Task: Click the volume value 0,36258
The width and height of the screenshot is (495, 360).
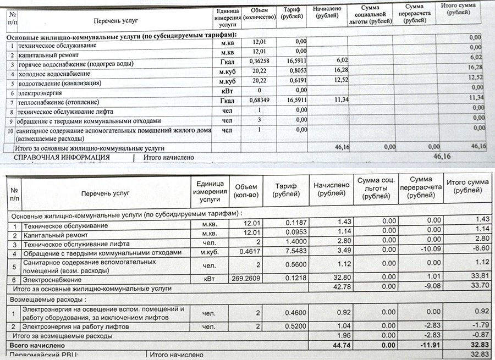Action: click(258, 60)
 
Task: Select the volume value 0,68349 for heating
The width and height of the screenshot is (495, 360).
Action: click(258, 101)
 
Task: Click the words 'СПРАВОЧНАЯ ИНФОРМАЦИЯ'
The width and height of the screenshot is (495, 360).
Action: click(62, 158)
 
